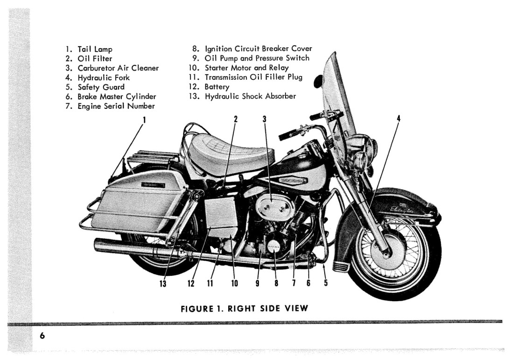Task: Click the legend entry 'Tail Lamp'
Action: [x=95, y=49]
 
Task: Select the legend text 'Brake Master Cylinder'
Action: [x=117, y=97]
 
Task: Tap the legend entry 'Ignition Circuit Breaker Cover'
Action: [x=258, y=49]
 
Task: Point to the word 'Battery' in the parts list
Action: [x=217, y=87]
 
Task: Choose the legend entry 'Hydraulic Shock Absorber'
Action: [x=250, y=96]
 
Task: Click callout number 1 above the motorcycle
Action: [x=144, y=119]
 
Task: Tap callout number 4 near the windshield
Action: [x=398, y=119]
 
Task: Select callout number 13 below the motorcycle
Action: [x=163, y=283]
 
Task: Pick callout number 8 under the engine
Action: [x=276, y=283]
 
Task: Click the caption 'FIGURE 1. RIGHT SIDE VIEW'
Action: [x=244, y=309]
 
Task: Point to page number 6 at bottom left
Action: [x=42, y=336]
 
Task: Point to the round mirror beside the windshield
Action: [x=318, y=81]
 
